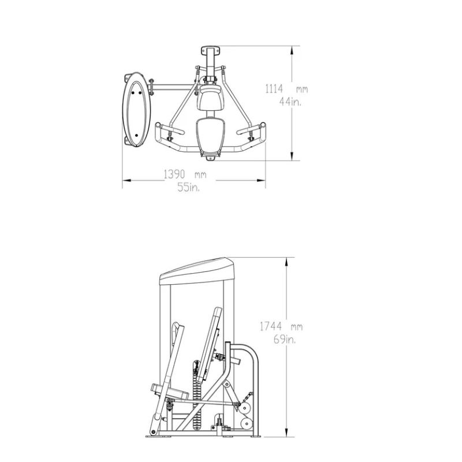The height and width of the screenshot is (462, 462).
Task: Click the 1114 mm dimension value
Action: pos(286,89)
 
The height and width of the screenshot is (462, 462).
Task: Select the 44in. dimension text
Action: pos(290,102)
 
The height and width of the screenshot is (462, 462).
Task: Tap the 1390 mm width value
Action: pos(185,174)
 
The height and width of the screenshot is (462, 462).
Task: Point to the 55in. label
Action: pos(188,187)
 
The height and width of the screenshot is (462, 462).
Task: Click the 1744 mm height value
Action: pos(281,326)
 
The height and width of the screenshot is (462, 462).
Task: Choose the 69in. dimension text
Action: pos(285,340)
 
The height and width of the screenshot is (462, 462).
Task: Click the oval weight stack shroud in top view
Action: pos(136,110)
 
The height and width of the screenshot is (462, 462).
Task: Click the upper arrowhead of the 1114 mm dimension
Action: pos(292,51)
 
